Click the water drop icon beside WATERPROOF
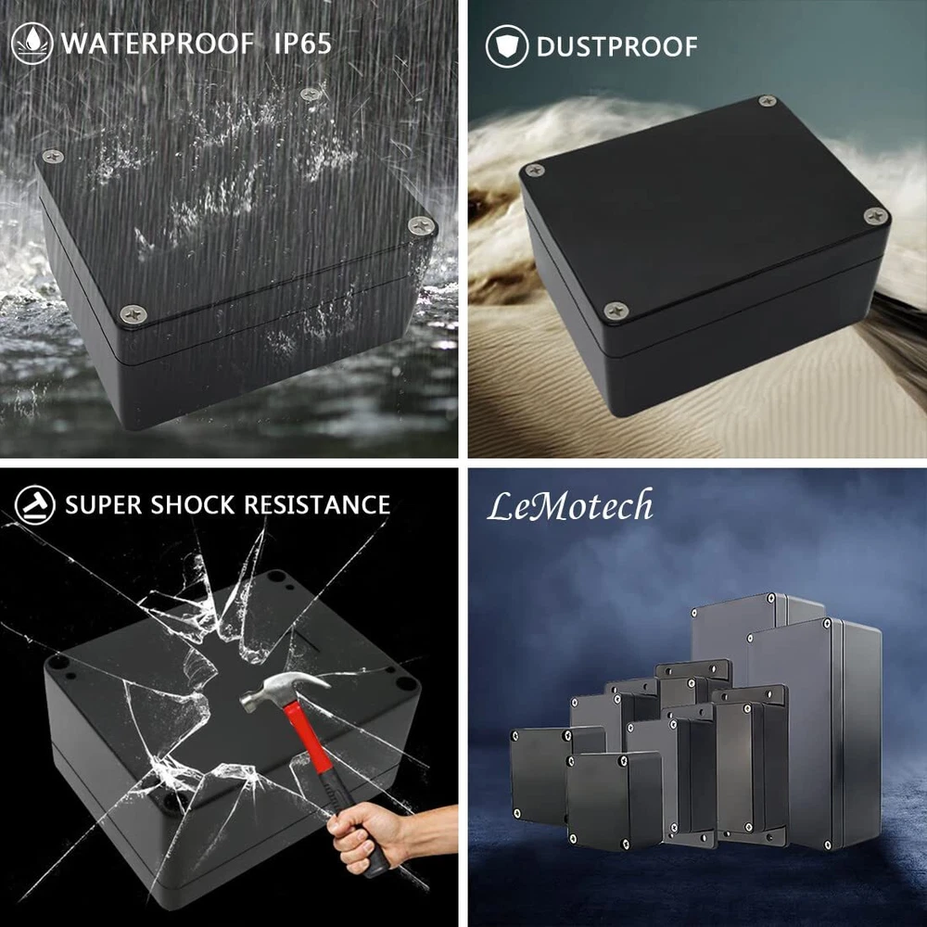pos(32,44)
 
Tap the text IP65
pos(302,44)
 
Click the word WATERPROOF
pos(158,44)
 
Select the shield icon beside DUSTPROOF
pos(507,46)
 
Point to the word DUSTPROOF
pos(616,46)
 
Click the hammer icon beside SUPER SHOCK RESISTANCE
pos(35,505)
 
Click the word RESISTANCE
pos(317,505)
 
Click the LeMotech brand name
pos(570,506)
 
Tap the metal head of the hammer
pos(284,687)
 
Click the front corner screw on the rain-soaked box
pos(133,313)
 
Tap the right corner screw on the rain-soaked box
pos(422,224)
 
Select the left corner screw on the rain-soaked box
pos(53,156)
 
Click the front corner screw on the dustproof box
pos(616,310)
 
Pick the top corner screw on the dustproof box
pos(767,100)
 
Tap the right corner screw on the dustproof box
pos(876,216)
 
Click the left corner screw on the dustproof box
pos(535,171)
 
